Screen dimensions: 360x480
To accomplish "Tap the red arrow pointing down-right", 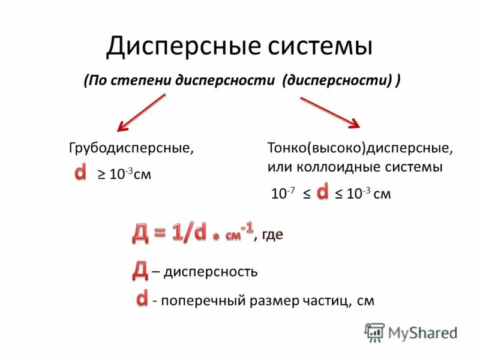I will point(329,112).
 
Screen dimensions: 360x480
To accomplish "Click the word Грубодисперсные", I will point(131,148).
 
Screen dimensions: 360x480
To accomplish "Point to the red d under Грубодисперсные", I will point(80,173).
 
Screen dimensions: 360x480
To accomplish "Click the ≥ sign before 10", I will point(102,175).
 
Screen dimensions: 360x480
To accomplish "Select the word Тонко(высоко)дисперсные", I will point(360,148).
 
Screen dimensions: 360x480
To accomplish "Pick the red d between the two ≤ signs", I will point(322,192).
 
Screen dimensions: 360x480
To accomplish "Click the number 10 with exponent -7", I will point(279,194).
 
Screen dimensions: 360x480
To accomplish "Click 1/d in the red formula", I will point(188,233).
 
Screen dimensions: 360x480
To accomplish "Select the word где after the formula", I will point(271,235).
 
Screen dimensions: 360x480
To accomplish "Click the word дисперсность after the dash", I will point(211,271).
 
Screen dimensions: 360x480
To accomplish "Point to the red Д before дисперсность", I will point(139,271).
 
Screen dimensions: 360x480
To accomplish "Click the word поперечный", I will point(203,301).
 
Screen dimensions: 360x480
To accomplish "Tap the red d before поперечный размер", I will point(142,298).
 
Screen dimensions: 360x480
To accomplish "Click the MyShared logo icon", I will point(374,332).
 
